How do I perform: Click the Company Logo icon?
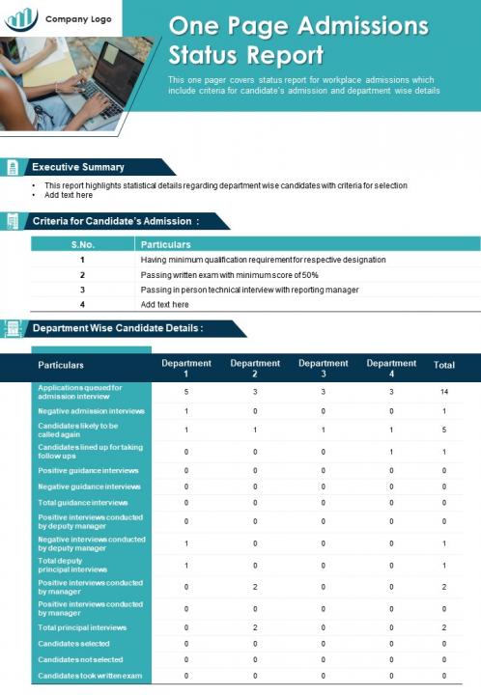pyautogui.click(x=21, y=17)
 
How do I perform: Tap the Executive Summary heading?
pyautogui.click(x=78, y=167)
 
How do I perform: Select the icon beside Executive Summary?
pyautogui.click(x=12, y=167)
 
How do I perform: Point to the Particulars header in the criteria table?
pyautogui.click(x=166, y=244)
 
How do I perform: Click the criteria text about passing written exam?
pyautogui.click(x=229, y=274)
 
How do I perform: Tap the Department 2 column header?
pyautogui.click(x=255, y=368)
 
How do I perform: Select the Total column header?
pyautogui.click(x=444, y=366)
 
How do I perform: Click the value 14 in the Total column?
pyautogui.click(x=444, y=392)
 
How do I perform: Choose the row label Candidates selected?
pyautogui.click(x=73, y=643)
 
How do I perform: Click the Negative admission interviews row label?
pyautogui.click(x=91, y=411)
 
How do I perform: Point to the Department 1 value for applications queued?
pyautogui.click(x=186, y=392)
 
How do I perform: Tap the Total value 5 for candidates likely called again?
pyautogui.click(x=444, y=430)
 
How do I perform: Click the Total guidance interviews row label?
pyautogui.click(x=82, y=502)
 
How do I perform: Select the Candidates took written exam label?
pyautogui.click(x=90, y=676)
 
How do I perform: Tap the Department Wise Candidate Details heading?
pyautogui.click(x=118, y=328)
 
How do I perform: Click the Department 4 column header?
pyautogui.click(x=391, y=368)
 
